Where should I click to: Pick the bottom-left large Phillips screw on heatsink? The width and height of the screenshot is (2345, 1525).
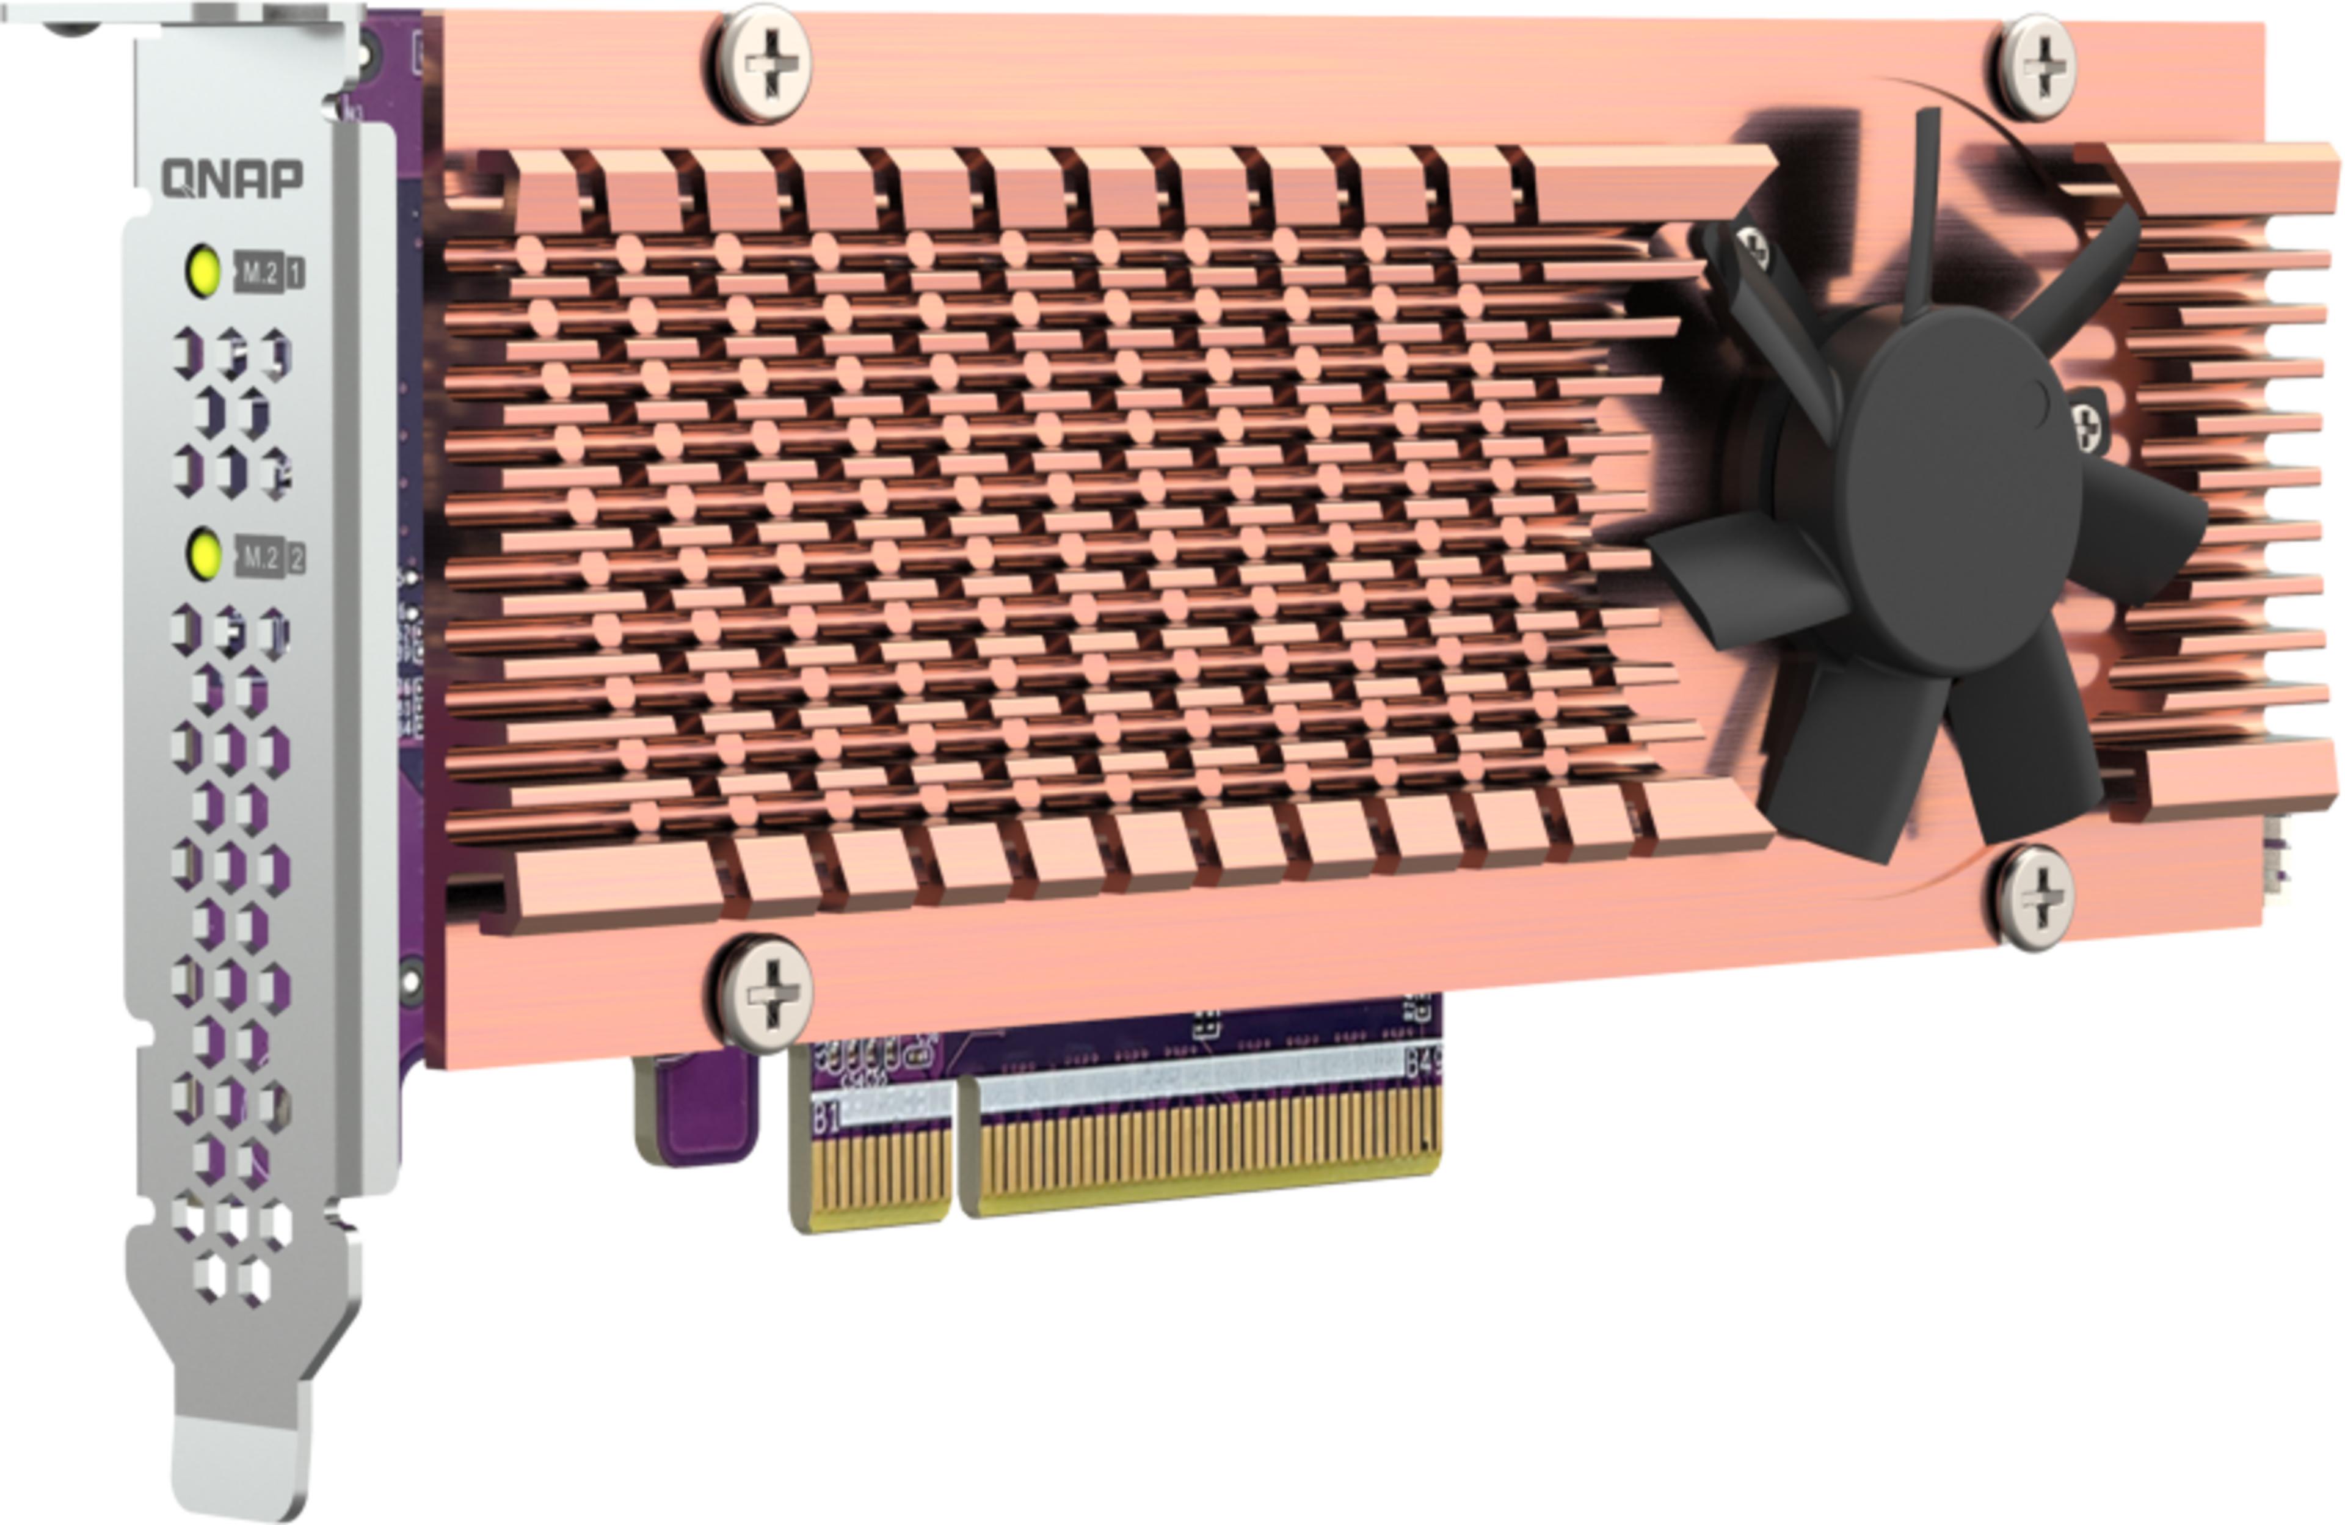(x=765, y=991)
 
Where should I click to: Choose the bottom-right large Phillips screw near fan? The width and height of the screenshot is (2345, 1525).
(x=2035, y=897)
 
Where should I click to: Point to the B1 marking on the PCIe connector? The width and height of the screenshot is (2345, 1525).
(x=826, y=1118)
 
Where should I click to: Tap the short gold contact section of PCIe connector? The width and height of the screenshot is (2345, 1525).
(x=871, y=1177)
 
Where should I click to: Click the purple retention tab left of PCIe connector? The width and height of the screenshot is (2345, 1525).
(x=697, y=1108)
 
